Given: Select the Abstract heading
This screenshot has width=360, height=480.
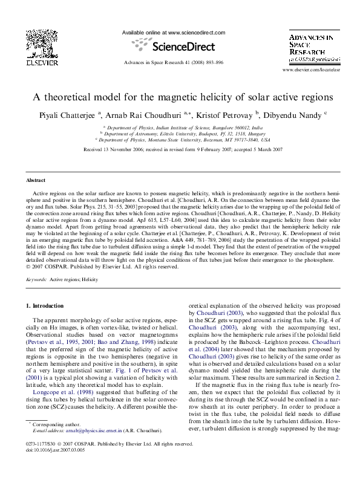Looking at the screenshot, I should click(37, 181).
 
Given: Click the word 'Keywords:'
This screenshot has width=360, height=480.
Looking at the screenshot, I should click(36, 280).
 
